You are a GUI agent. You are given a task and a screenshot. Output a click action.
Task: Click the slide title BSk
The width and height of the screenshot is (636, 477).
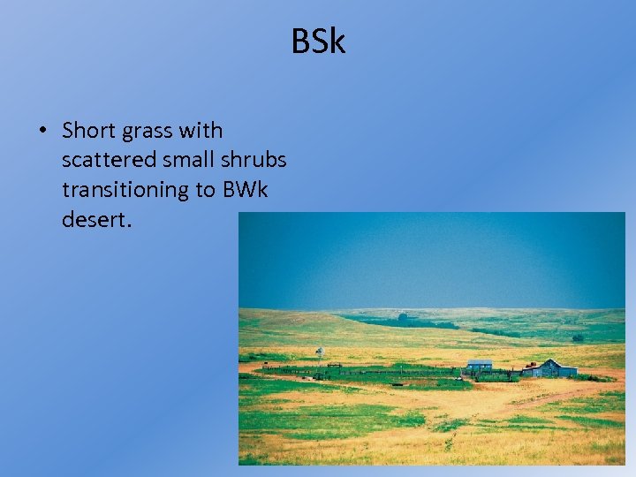pyautogui.click(x=318, y=42)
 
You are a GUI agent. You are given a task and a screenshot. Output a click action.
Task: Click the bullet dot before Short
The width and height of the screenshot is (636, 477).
pyautogui.click(x=41, y=132)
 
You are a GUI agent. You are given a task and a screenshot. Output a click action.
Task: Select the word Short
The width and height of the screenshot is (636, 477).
pyautogui.click(x=90, y=131)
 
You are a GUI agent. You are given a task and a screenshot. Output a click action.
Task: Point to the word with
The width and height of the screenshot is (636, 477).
pyautogui.click(x=201, y=131)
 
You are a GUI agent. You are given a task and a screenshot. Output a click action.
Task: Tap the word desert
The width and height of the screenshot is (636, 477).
pyautogui.click(x=95, y=219)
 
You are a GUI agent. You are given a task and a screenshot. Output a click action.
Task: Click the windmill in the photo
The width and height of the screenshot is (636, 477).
pyautogui.click(x=320, y=352)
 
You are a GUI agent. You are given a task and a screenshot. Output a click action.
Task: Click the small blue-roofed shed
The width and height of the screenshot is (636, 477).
pyautogui.click(x=480, y=365)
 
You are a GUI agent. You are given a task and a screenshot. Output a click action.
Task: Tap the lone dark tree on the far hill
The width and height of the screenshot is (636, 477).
pyautogui.click(x=403, y=316)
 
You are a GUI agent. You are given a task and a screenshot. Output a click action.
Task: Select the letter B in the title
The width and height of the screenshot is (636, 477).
pyautogui.click(x=300, y=42)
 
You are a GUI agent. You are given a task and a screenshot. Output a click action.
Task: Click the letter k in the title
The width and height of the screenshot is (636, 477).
pyautogui.click(x=337, y=42)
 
